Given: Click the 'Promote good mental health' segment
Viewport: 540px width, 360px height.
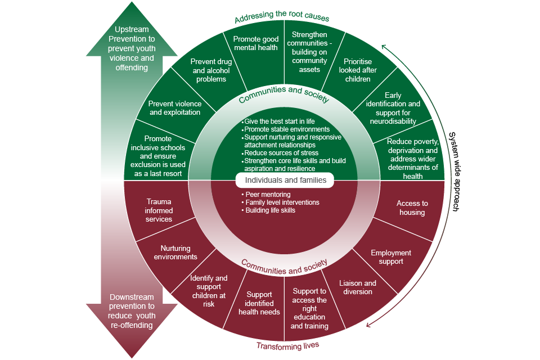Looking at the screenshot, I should (x=256, y=43).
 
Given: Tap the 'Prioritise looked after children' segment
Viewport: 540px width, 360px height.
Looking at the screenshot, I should (x=358, y=70).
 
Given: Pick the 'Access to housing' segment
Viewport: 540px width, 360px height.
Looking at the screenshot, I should (x=412, y=208).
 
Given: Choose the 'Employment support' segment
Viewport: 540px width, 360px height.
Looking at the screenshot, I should (x=391, y=257).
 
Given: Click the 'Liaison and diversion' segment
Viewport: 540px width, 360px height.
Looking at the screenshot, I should (x=358, y=287).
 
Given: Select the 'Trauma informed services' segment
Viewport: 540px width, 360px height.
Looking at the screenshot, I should (x=159, y=210).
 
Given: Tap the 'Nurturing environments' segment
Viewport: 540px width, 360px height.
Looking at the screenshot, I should (x=175, y=253).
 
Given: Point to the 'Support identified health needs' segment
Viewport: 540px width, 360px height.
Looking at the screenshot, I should (x=259, y=303).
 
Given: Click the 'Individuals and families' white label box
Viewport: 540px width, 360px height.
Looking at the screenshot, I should (x=284, y=181).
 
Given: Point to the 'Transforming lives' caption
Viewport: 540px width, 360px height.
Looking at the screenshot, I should (x=284, y=346).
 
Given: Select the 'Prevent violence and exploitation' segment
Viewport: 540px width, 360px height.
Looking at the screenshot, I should (x=175, y=108).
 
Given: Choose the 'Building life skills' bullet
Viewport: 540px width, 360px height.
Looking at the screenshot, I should (x=270, y=210).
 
